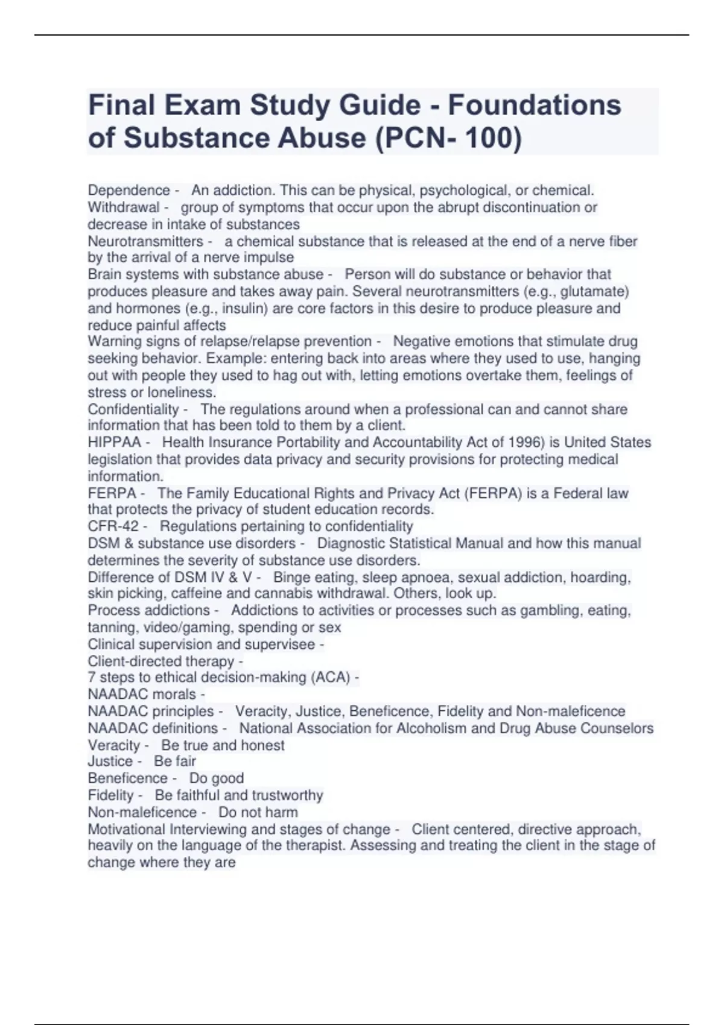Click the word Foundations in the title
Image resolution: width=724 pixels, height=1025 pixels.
[x=535, y=106]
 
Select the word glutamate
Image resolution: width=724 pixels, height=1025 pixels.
[x=594, y=292]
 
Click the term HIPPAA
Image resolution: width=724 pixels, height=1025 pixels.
[x=114, y=443]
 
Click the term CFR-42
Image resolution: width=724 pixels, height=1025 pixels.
[x=113, y=526]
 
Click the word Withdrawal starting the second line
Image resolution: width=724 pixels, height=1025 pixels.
[x=124, y=208]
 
